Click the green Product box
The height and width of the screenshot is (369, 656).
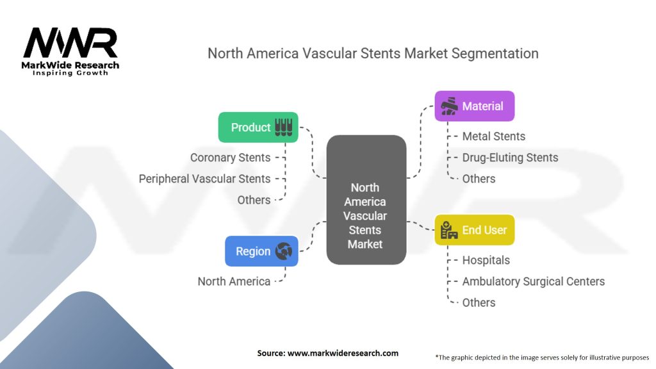coord(258,127)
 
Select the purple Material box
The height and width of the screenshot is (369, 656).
coord(474,106)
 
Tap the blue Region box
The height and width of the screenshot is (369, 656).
coord(261,251)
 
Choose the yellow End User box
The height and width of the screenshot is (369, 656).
coord(474,230)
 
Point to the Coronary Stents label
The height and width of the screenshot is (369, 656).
coord(230,157)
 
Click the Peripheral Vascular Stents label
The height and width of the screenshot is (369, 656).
coord(204,179)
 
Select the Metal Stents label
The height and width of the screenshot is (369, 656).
coord(493,136)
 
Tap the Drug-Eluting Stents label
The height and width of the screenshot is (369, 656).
coord(510,158)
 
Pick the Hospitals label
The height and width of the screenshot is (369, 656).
coord(486,260)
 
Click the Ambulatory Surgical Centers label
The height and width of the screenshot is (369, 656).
coord(533,281)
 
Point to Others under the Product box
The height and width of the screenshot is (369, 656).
coord(254,200)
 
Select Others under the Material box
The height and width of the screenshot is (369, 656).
coord(479,179)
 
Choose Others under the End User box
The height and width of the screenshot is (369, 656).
coord(479,302)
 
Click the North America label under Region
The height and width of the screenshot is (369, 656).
coord(234,281)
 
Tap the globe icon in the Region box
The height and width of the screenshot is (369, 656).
coord(283,251)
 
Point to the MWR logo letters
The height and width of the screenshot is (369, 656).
coord(70,44)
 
